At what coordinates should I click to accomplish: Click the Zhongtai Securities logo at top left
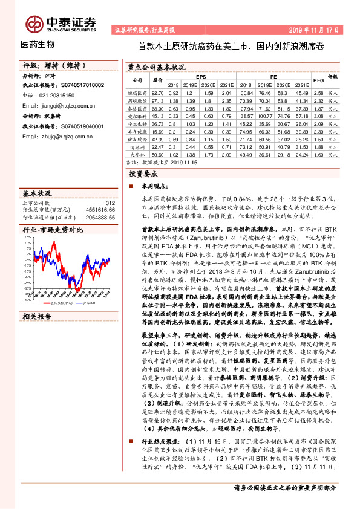pyautogui.click(x=61, y=22)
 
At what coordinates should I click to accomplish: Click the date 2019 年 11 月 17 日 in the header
pyautogui.click(x=314, y=29)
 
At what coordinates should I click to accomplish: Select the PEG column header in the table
pyautogui.click(x=318, y=80)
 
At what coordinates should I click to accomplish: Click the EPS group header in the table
pyautogui.click(x=200, y=76)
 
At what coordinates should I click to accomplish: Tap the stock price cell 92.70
pyautogui.click(x=157, y=93)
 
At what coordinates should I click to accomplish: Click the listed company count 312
pyautogui.click(x=110, y=204)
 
